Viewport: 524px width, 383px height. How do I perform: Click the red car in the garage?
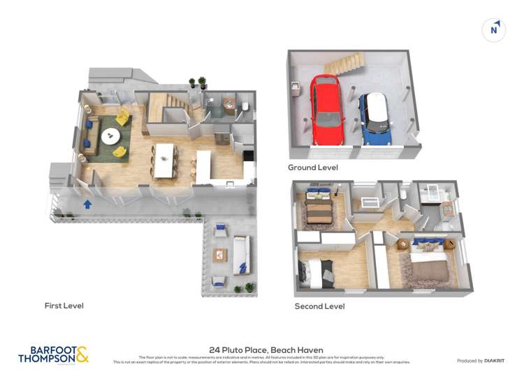(327, 110)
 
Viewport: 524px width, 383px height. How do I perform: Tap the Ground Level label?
(312, 168)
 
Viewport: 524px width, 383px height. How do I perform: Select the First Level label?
(64, 306)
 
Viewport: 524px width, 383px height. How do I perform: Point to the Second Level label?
(319, 307)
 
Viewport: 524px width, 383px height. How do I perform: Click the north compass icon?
(494, 30)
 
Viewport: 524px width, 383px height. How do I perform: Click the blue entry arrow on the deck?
(87, 204)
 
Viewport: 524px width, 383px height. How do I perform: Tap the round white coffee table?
(110, 137)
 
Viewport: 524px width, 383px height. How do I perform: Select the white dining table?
(163, 160)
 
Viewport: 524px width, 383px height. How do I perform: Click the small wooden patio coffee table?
(221, 255)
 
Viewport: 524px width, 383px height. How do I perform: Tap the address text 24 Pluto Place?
(265, 350)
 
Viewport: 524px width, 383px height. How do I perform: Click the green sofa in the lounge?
(91, 133)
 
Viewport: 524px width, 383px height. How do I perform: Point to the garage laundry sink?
(296, 88)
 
